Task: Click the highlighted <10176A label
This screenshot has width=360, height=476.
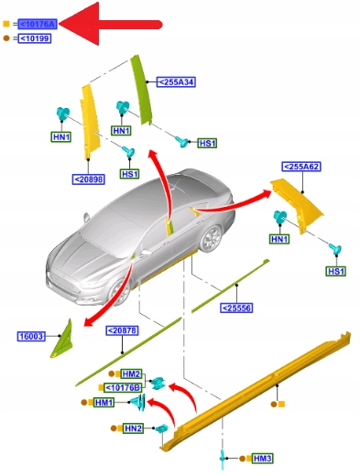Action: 38,24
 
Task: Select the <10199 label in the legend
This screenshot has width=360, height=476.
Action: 35,38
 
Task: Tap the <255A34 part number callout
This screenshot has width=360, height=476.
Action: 176,82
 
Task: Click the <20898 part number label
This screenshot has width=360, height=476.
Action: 89,179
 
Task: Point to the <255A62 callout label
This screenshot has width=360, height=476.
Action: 301,167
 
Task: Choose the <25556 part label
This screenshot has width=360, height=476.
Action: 236,308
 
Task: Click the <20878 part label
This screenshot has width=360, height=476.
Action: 122,330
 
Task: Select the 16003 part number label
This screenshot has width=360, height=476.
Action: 31,336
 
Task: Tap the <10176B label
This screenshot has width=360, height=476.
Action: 123,387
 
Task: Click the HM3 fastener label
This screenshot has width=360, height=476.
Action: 262,459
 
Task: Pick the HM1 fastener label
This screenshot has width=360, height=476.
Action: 104,403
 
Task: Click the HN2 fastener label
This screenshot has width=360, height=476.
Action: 133,428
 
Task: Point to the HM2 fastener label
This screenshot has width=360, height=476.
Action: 131,373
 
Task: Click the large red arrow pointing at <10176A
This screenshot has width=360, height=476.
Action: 110,24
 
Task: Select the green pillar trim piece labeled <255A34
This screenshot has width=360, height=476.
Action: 141,90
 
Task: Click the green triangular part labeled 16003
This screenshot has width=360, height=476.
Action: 62,339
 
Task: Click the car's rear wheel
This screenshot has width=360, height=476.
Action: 211,238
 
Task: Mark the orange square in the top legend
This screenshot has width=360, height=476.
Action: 6,24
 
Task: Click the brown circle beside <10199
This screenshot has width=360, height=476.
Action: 6,38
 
